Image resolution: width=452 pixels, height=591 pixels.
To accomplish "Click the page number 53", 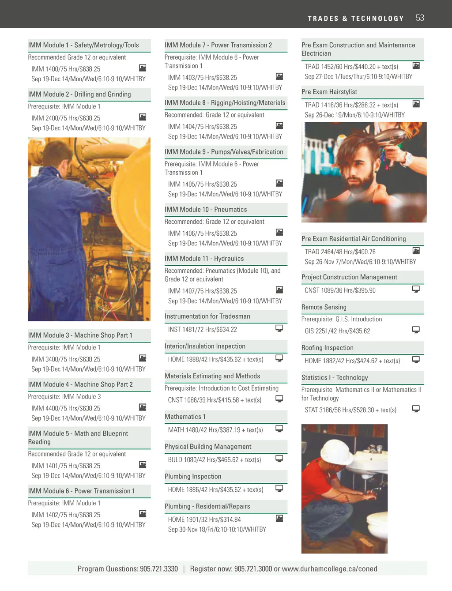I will (420, 18).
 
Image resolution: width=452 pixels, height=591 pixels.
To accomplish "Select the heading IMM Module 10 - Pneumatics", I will (206, 210).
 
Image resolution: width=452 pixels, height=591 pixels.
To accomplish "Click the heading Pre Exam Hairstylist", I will (329, 92).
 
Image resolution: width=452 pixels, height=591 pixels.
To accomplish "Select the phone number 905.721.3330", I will (159, 569).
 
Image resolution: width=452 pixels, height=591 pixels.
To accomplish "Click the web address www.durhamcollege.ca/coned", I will (329, 569).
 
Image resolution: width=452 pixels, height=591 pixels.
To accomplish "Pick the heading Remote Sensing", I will (324, 307).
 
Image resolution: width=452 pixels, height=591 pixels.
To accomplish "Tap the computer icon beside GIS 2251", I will (416, 330).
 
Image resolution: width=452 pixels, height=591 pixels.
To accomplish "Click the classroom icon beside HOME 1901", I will (279, 518).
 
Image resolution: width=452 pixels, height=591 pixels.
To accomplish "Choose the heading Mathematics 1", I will (185, 417).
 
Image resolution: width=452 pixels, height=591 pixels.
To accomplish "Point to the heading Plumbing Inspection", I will (193, 477).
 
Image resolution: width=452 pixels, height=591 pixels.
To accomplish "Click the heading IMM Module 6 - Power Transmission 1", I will (81, 491).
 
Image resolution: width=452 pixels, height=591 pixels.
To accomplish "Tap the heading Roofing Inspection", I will (328, 348).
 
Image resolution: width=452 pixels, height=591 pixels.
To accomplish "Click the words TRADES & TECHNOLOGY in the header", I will (356, 19).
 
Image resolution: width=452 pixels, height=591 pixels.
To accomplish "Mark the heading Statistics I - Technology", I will (335, 378).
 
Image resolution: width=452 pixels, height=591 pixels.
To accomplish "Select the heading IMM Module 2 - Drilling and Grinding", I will (79, 94).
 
